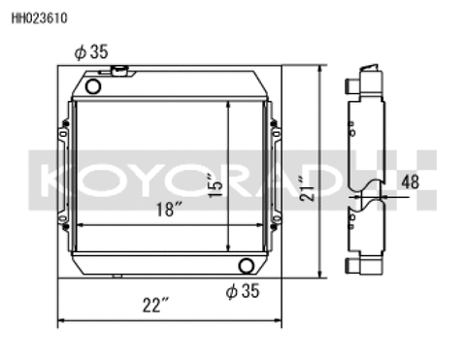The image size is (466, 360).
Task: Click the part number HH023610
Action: point(33,17)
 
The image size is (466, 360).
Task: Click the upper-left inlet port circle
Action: point(93,86)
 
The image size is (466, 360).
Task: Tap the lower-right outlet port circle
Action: point(247,265)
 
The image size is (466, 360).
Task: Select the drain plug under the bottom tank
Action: point(117,277)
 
